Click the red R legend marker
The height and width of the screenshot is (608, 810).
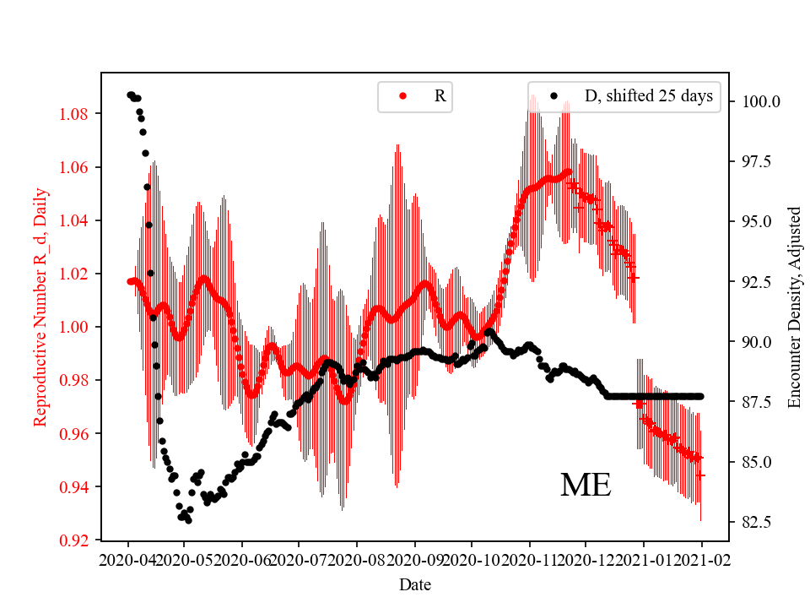pyautogui.click(x=402, y=96)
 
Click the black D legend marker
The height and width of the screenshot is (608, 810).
pyautogui.click(x=553, y=96)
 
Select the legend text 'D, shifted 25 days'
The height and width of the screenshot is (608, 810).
pyautogui.click(x=648, y=96)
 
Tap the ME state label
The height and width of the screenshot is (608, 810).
pyautogui.click(x=586, y=486)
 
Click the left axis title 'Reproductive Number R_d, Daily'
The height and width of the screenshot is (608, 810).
pyautogui.click(x=40, y=307)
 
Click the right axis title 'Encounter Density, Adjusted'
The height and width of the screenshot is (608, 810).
pyautogui.click(x=793, y=307)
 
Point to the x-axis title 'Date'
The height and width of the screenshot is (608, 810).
pyautogui.click(x=414, y=584)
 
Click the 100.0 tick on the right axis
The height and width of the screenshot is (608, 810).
pyautogui.click(x=760, y=101)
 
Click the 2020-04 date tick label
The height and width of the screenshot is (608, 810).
pyautogui.click(x=128, y=560)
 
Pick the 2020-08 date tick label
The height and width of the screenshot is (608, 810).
pyautogui.click(x=357, y=560)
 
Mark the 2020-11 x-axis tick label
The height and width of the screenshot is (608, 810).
pyautogui.click(x=529, y=560)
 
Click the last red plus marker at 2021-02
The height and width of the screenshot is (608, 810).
pyautogui.click(x=700, y=475)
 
